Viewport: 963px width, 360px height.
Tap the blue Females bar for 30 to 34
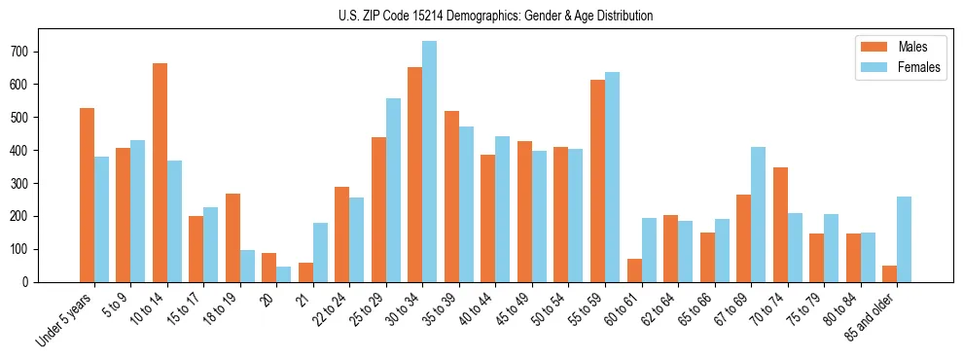(x=430, y=162)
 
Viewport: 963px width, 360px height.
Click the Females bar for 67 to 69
(x=759, y=214)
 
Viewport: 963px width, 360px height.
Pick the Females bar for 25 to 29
(x=393, y=190)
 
